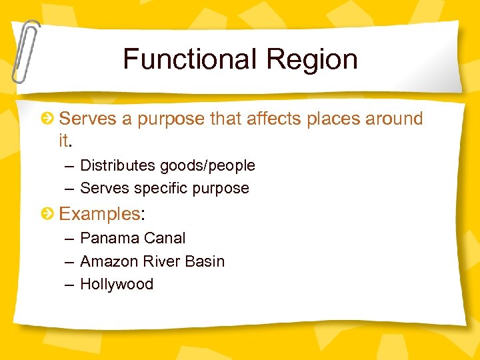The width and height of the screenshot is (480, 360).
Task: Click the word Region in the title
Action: coord(312,59)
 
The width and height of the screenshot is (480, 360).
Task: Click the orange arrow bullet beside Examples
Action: coord(48,214)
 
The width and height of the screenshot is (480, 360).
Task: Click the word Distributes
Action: coord(119,165)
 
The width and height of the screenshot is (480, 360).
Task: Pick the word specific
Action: coord(161,189)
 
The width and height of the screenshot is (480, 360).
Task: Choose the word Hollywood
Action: coord(117,284)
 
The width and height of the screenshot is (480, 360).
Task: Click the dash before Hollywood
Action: coord(69,284)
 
